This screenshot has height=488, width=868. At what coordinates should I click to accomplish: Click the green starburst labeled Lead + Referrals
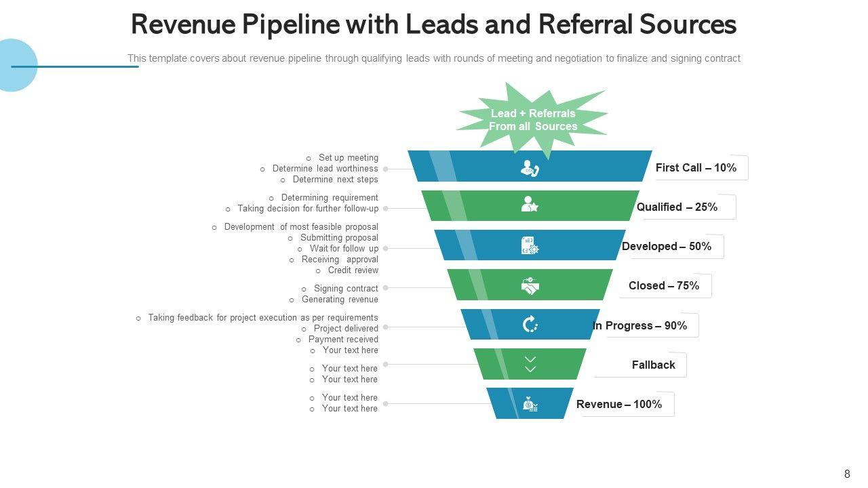coord(532,120)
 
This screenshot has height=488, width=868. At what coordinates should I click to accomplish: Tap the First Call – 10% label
coord(696,167)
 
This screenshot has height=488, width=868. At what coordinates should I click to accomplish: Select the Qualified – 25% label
coord(677,207)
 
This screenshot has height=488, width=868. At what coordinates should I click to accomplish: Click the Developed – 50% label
coord(667,246)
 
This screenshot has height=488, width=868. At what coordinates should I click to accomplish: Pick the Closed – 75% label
coord(663,285)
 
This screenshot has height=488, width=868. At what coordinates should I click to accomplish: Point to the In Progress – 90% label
coord(639,325)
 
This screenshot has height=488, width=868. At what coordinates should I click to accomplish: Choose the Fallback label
coord(653,365)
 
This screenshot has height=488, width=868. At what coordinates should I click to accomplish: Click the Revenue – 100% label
coord(618,404)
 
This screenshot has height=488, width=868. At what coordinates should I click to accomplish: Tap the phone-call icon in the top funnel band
coord(530,168)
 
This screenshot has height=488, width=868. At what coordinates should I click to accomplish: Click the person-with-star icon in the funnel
coord(530,205)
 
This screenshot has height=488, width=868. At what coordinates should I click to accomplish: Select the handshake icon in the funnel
coord(530,285)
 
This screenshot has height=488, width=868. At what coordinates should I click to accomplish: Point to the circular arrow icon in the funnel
coord(530,325)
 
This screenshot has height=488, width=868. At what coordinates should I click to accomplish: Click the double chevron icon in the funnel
coord(530,364)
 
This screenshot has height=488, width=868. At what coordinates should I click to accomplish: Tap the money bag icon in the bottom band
coord(530,405)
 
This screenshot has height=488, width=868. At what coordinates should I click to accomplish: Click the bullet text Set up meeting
coord(349,158)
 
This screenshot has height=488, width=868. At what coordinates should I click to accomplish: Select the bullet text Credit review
coord(353,270)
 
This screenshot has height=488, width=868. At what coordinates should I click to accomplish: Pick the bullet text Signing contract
coord(346,289)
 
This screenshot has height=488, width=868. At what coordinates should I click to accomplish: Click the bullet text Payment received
coord(343,340)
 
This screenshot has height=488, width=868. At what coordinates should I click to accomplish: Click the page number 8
coord(847,474)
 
